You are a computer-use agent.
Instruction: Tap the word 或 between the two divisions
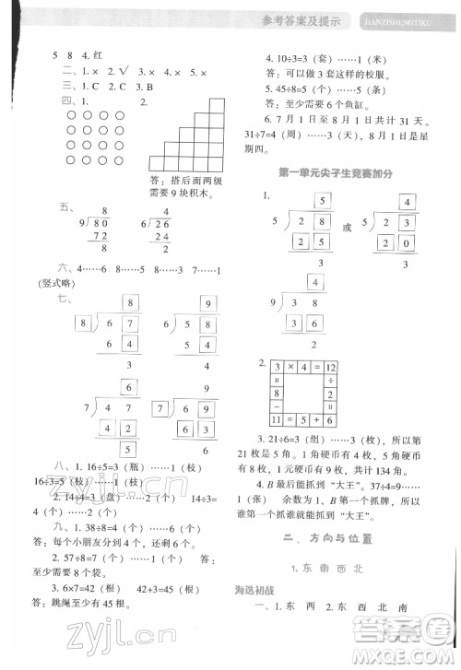[x=346, y=229]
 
